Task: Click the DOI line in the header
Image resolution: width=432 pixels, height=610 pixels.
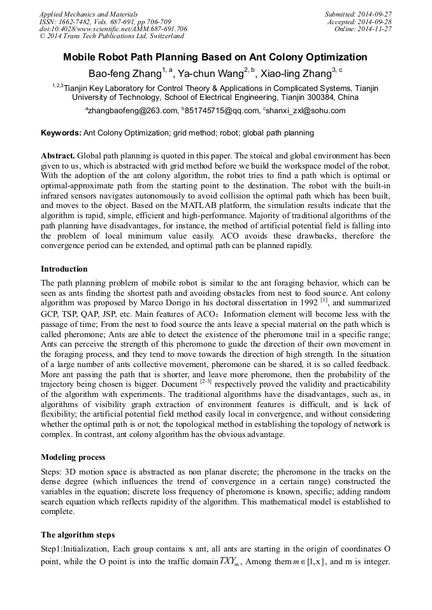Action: tap(113, 29)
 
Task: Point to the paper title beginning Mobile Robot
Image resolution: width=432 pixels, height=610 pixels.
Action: tap(215, 57)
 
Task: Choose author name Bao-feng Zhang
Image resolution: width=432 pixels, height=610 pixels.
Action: tap(124, 73)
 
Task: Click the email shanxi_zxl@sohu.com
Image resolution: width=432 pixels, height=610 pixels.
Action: tap(306, 110)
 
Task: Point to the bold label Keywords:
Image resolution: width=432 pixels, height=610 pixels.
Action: tap(61, 133)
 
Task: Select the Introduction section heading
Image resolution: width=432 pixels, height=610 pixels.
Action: tap(64, 269)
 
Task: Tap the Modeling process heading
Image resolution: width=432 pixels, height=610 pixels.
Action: tap(73, 457)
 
